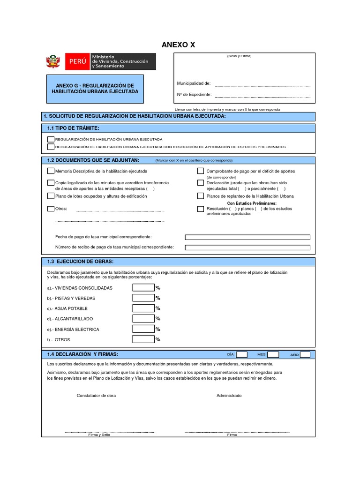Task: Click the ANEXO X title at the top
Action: point(178,45)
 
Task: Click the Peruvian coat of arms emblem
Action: point(52,62)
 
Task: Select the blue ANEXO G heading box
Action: point(95,89)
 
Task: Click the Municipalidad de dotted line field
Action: point(262,84)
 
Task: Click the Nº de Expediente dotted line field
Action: point(262,95)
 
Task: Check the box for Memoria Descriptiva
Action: point(51,171)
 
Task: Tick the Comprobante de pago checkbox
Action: point(201,171)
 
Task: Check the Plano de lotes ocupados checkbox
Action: point(51,196)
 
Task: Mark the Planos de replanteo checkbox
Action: point(201,196)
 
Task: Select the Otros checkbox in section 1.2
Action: point(51,209)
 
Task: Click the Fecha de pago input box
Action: point(247,237)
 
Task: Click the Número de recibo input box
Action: point(247,247)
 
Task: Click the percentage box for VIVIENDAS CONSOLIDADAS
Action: point(143,288)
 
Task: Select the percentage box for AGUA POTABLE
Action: point(143,308)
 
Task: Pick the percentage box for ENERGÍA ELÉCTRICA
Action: point(143,329)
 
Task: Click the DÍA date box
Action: point(242,355)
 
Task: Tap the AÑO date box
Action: point(305,355)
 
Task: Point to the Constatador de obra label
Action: point(96,396)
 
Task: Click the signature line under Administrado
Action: point(237,431)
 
